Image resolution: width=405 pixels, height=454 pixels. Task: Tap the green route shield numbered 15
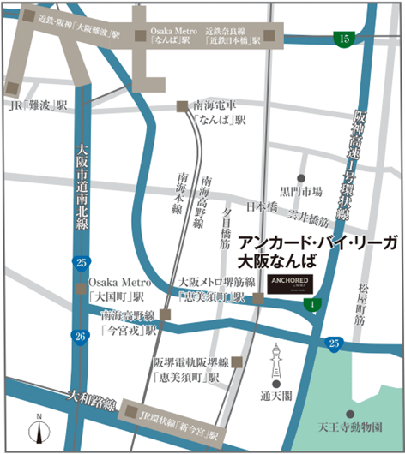pos(344,39)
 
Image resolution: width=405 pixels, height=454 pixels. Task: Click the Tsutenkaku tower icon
pos(277,364)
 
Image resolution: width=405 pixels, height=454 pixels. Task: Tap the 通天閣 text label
pos(277,396)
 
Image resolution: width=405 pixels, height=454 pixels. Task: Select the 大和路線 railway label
pos(85,398)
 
